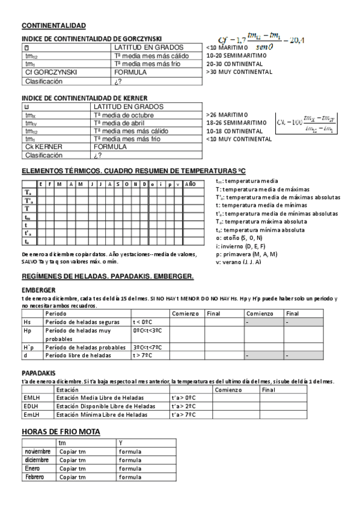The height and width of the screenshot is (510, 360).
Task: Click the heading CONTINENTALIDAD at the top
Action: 53,25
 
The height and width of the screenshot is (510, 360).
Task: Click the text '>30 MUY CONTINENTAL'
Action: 239,72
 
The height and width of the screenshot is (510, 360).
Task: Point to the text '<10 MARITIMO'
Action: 227,47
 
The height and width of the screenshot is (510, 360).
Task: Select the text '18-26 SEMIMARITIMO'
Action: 236,122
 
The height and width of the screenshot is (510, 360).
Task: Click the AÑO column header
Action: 190,184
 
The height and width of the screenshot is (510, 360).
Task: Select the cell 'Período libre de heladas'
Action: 78,355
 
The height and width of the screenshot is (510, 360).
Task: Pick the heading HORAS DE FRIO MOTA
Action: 61,432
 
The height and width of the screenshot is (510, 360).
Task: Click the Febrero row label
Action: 35,476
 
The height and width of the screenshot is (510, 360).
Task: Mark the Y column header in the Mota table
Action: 121,443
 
